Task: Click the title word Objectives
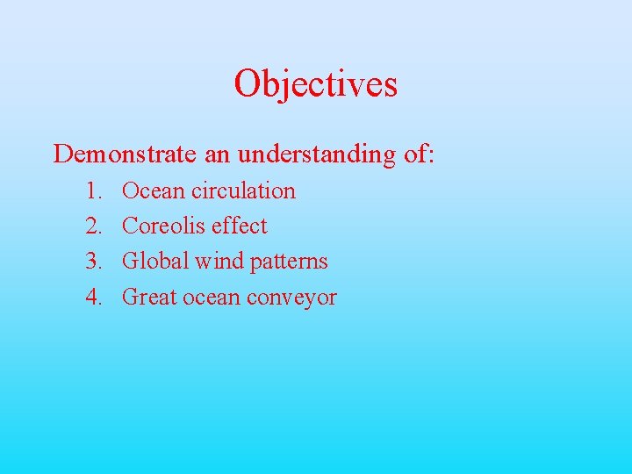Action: tap(315, 84)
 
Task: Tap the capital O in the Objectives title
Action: tap(246, 84)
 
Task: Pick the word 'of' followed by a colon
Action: tap(419, 154)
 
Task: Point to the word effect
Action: tap(238, 226)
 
